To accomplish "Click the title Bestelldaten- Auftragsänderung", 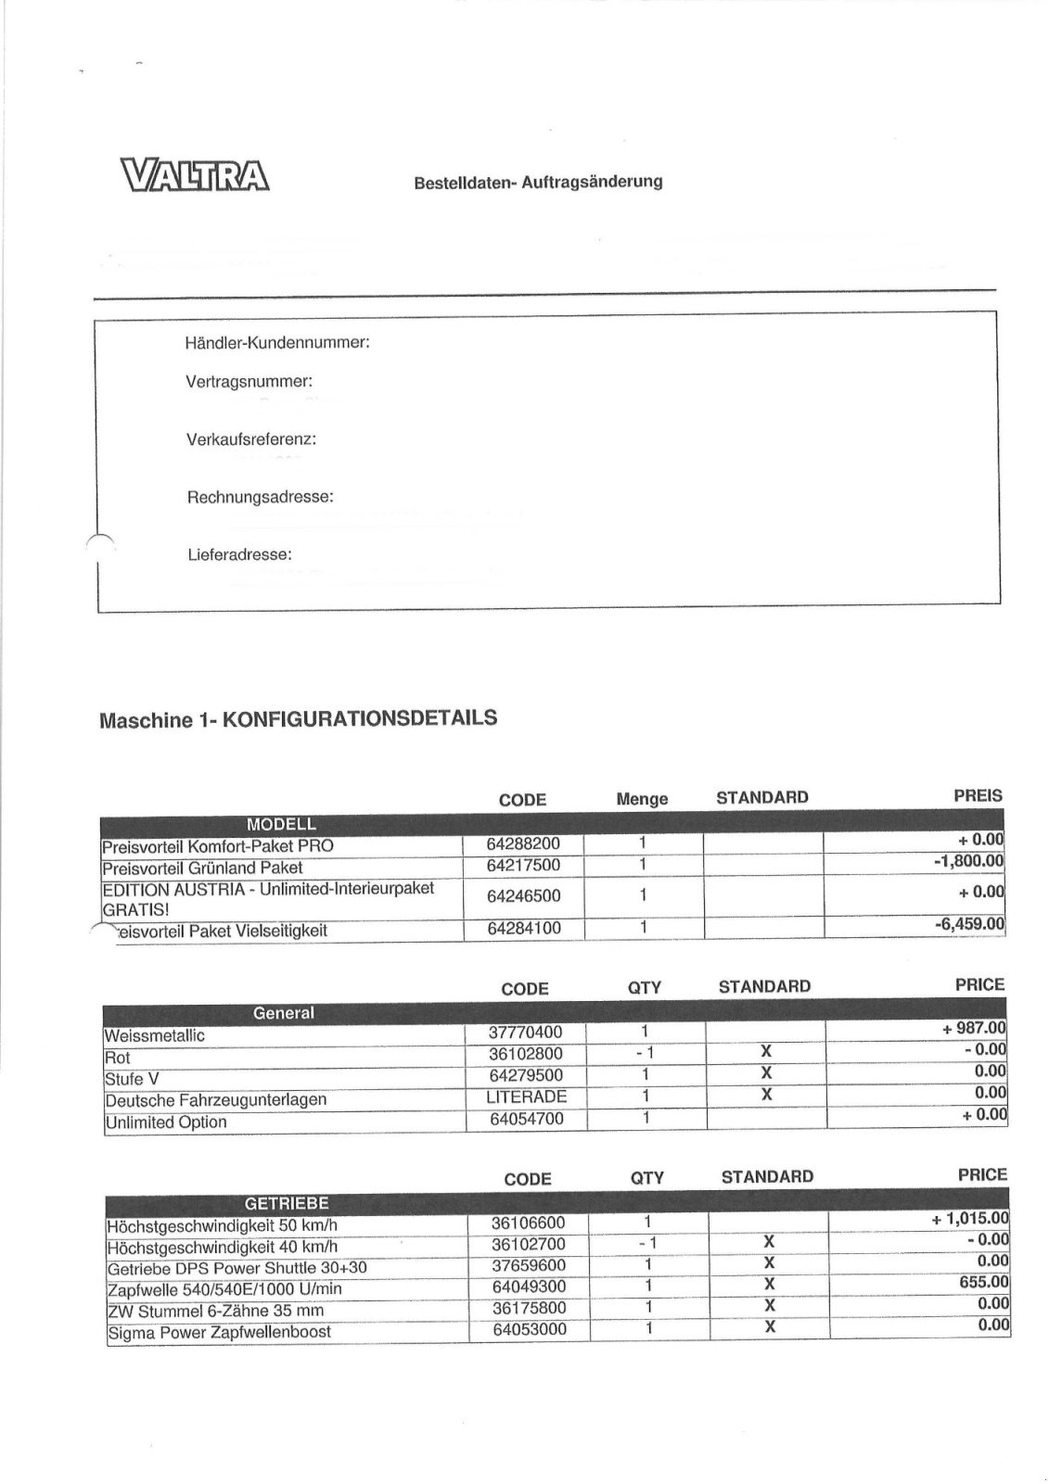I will click(x=538, y=183).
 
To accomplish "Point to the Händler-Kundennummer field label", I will click(x=277, y=343).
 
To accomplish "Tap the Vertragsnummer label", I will click(x=249, y=382).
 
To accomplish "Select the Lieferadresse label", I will click(x=239, y=555).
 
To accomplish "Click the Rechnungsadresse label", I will click(x=260, y=497).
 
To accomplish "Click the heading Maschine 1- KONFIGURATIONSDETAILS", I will click(x=297, y=718).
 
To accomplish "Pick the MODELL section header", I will click(x=281, y=824).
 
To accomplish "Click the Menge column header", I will click(x=642, y=799).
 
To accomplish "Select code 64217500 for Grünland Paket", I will click(x=523, y=867).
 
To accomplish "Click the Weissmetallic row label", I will click(x=155, y=1035).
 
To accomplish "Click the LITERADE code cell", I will click(x=526, y=1096).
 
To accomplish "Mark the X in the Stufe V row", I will click(x=766, y=1073).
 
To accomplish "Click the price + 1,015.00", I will click(x=970, y=1219).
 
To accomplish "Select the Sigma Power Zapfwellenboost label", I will click(x=219, y=1333).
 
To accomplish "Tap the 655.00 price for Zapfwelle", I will click(x=985, y=1282).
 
